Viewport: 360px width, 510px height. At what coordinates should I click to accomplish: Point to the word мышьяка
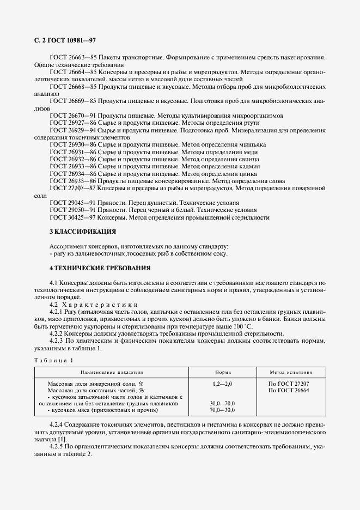coord(252,144)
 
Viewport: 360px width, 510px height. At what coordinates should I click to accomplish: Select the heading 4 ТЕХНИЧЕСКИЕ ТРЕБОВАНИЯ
coord(100,268)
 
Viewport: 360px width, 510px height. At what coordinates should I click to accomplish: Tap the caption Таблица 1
coord(53,361)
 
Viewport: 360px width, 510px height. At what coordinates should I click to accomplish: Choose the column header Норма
coord(223,373)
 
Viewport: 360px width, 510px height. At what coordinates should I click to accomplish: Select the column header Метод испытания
coord(291,373)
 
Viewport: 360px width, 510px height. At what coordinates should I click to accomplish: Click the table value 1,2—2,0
coord(222,384)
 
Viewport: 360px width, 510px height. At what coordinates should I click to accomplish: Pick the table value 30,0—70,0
coord(222,404)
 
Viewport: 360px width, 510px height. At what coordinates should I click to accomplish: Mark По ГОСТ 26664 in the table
coord(289,391)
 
